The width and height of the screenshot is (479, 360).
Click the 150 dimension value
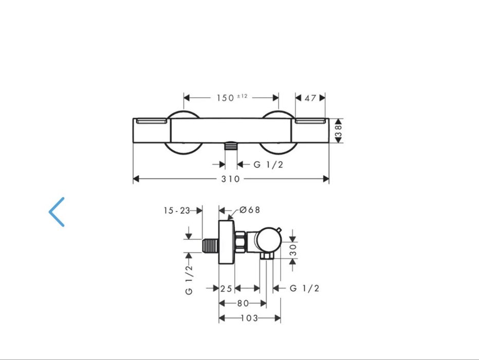coord(225,98)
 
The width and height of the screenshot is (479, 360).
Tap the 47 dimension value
coord(310,98)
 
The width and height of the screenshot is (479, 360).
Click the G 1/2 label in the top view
coord(268,165)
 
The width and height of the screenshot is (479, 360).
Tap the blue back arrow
coord(57,211)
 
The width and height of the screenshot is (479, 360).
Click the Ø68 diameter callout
coord(250,210)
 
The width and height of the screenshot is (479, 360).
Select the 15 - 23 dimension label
coord(177,210)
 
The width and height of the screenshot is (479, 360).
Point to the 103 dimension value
coord(249,318)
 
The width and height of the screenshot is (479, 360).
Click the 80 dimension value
coord(243,303)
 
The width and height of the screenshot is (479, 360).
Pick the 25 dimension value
coord(227,289)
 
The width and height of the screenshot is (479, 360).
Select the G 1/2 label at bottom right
coord(304,289)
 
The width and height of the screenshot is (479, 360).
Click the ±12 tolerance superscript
coord(242,96)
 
